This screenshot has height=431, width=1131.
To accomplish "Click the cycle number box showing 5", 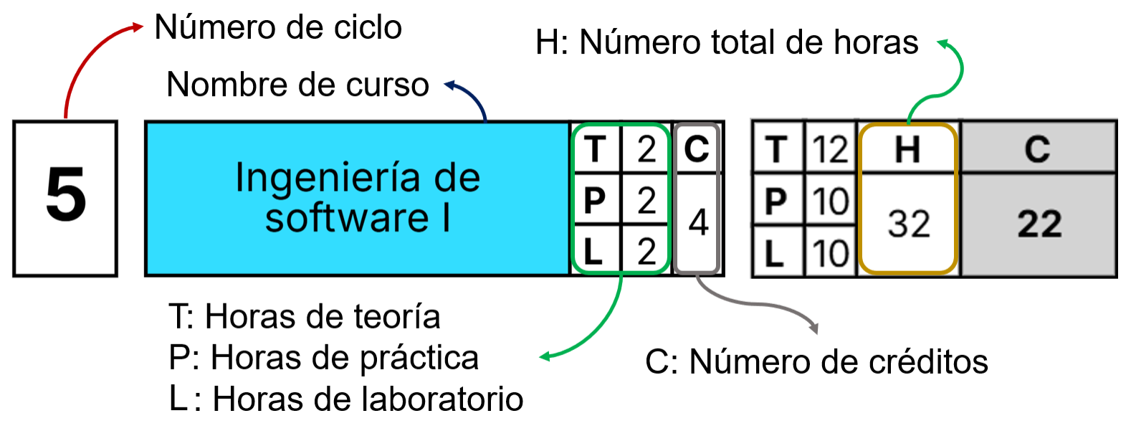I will [x=65, y=198].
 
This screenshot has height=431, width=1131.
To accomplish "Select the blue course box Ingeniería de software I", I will [x=357, y=198].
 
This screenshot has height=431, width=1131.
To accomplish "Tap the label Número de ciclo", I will [x=278, y=28].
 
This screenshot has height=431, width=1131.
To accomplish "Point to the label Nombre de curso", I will [x=297, y=85].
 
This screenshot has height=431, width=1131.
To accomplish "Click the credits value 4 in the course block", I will [x=697, y=222].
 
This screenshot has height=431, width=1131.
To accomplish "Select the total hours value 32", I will [x=908, y=224].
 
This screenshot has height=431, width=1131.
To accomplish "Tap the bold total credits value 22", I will [x=1039, y=224].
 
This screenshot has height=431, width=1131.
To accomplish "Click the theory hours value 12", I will [x=831, y=149].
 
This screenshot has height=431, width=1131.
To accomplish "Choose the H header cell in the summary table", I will [x=907, y=149].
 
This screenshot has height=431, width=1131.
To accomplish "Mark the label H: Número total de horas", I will [x=727, y=43].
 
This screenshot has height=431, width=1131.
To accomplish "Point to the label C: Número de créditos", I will [x=816, y=362].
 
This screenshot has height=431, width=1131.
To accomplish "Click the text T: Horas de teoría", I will [x=305, y=317].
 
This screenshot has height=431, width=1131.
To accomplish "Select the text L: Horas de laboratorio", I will [x=346, y=399].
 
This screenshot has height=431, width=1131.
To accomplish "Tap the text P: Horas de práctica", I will [x=324, y=358].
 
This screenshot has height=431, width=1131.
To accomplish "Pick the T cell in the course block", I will [x=595, y=149].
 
